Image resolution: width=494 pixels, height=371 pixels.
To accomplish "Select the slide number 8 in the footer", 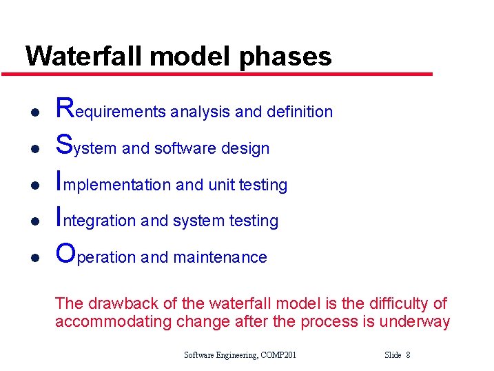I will [408, 355].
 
